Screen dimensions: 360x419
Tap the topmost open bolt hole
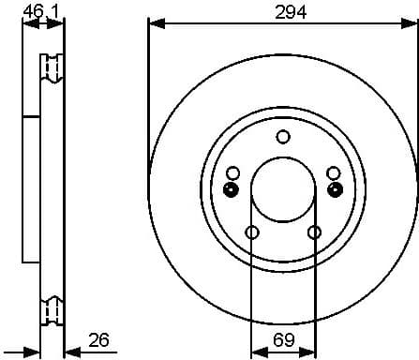pos(282,137)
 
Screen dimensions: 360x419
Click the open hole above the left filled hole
pos(232,172)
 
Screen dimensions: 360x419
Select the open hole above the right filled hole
pos(333,172)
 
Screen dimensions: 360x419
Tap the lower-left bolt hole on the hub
pos(251,232)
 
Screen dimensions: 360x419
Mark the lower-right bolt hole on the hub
pos(314,232)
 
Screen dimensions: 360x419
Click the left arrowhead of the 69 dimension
pos(256,349)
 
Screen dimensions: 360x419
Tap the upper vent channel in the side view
pos(52,69)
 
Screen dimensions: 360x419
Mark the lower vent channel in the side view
pos(52,307)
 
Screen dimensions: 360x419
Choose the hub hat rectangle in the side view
pos(32,187)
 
